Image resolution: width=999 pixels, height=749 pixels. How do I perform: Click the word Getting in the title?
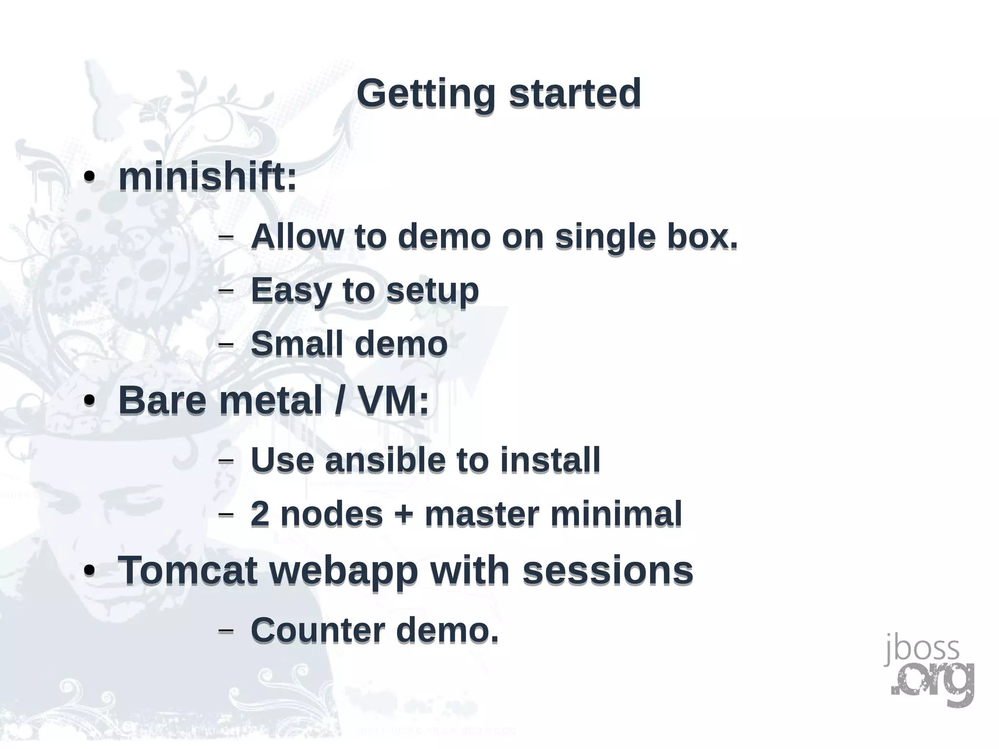click(426, 94)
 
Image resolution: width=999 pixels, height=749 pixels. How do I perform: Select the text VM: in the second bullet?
click(393, 400)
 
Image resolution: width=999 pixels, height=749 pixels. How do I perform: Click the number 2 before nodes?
click(260, 514)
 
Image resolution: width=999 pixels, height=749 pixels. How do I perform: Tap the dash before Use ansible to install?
click(225, 460)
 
